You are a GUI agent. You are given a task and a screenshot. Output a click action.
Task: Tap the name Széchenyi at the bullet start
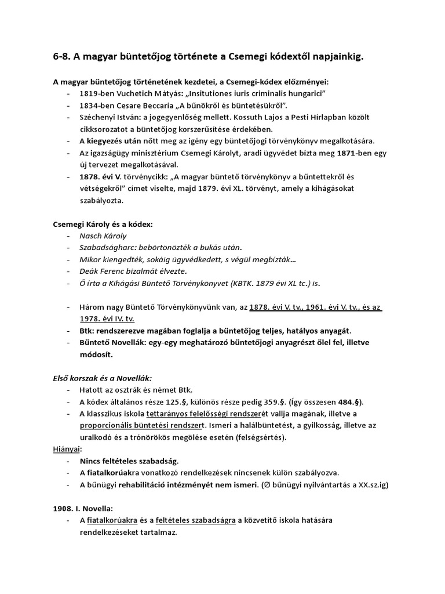point(98,117)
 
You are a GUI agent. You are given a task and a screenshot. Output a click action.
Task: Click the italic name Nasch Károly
point(103,236)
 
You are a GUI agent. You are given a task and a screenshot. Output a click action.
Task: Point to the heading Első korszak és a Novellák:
point(103,378)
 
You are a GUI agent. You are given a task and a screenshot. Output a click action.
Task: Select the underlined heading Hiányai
point(64,448)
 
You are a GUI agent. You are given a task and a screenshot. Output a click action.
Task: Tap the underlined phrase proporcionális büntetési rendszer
point(145,426)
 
